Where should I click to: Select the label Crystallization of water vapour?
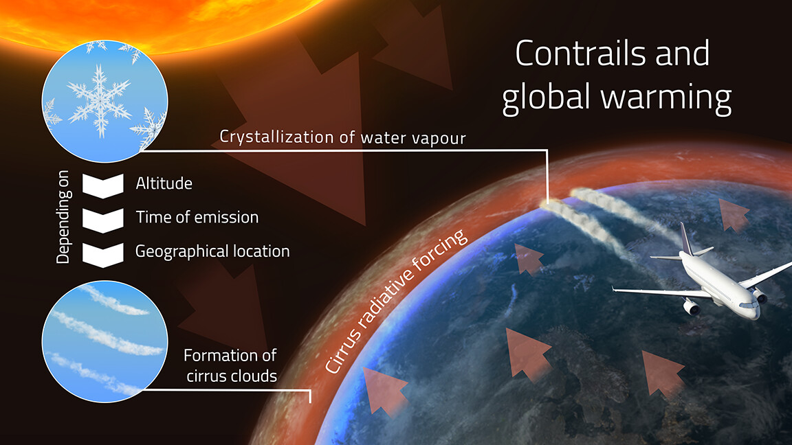(x=342, y=137)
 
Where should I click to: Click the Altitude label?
(x=164, y=184)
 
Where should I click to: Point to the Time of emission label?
(x=197, y=218)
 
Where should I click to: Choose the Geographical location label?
(x=212, y=251)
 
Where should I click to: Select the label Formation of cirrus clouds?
(x=230, y=365)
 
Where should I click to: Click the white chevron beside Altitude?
(x=102, y=185)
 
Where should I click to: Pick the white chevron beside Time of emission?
(x=102, y=218)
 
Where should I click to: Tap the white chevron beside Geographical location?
(x=102, y=252)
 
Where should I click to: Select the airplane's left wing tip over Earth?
(x=616, y=290)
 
